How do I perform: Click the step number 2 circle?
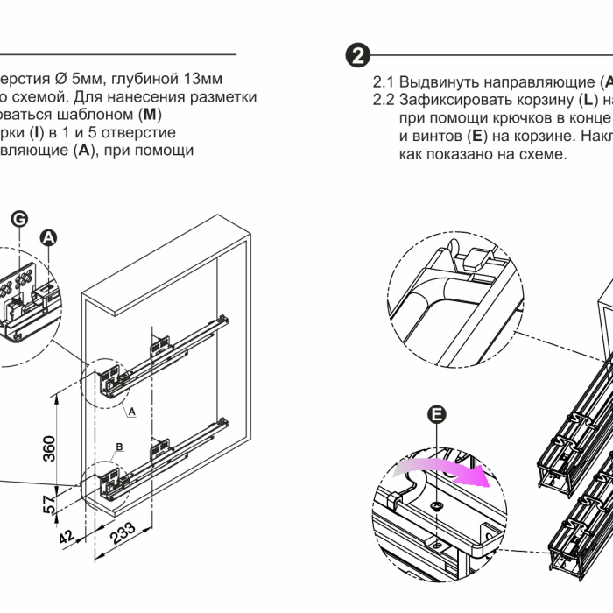pos(357,55)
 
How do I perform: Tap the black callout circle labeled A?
pos(50,236)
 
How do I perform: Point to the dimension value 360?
pos(50,447)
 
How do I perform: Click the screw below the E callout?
pos(435,506)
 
